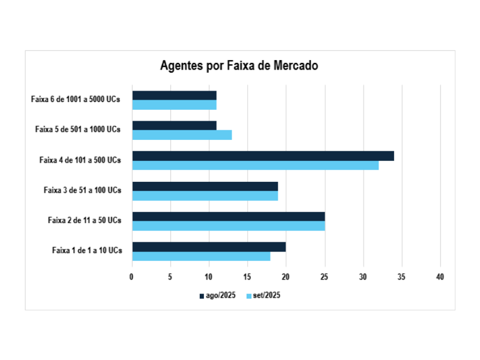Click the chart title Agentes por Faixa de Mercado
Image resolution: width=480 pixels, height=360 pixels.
[239, 66]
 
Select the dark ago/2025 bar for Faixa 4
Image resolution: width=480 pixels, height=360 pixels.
[263, 156]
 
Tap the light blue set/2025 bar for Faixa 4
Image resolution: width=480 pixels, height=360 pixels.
[255, 165]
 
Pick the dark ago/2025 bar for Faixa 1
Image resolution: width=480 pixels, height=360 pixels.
[209, 247]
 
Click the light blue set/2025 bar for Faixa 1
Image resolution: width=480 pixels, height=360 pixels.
[201, 256]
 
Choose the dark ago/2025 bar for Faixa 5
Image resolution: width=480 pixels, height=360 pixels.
[174, 125]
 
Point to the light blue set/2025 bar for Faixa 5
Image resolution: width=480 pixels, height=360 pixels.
[182, 135]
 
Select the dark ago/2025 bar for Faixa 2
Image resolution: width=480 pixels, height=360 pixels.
[228, 217]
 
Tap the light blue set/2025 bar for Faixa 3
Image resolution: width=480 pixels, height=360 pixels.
[205, 196]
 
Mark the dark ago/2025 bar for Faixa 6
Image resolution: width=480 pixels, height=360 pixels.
[174, 95]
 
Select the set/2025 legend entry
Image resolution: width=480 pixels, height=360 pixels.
[263, 295]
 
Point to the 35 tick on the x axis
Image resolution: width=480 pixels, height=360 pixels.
[401, 277]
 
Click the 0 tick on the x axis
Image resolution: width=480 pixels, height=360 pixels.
[132, 277]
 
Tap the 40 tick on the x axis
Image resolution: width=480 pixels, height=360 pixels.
[440, 277]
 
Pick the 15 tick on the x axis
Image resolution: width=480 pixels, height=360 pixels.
[247, 277]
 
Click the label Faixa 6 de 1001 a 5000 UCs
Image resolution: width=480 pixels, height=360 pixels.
[76, 100]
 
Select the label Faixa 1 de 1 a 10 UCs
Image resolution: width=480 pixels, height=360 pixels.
[87, 250]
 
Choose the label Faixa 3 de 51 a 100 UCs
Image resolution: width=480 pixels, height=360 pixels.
[82, 190]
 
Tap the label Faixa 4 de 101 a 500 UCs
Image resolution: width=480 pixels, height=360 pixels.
[80, 160]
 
